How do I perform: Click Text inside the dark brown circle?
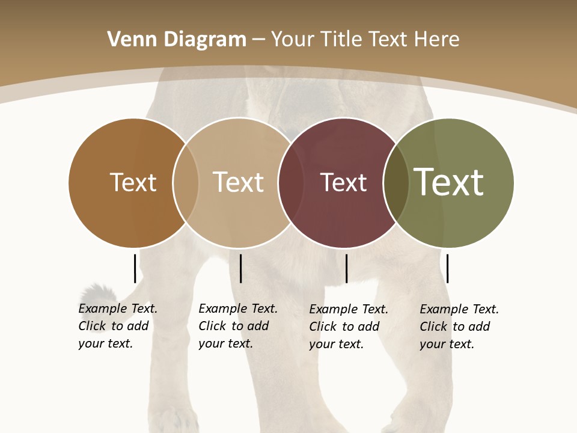tap(133, 183)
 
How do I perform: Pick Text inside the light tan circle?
tap(238, 183)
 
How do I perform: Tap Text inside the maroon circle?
tap(343, 183)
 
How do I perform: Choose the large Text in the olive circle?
tap(448, 183)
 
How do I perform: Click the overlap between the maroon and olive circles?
tap(396, 183)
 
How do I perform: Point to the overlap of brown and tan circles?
tap(186, 183)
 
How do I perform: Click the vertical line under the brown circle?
tap(135, 268)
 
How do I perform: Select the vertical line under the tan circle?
tap(240, 268)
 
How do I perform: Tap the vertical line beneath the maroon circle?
tap(346, 268)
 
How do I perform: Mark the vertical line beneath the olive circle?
tap(447, 268)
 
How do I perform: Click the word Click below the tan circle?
tap(212, 327)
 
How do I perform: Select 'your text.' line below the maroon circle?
tap(336, 345)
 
